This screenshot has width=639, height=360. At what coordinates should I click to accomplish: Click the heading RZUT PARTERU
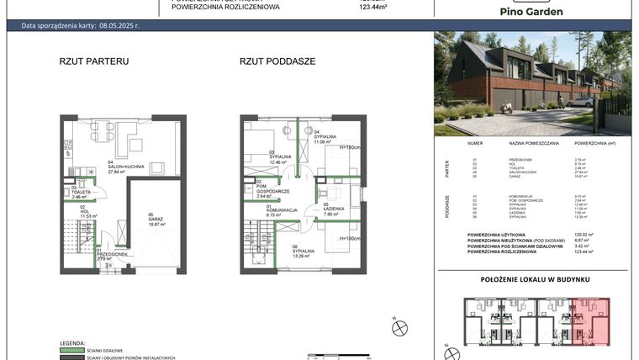click(x=93, y=61)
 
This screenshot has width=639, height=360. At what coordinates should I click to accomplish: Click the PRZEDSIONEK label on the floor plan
click(x=111, y=255)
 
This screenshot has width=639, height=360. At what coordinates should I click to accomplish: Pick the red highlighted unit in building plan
click(x=590, y=319)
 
